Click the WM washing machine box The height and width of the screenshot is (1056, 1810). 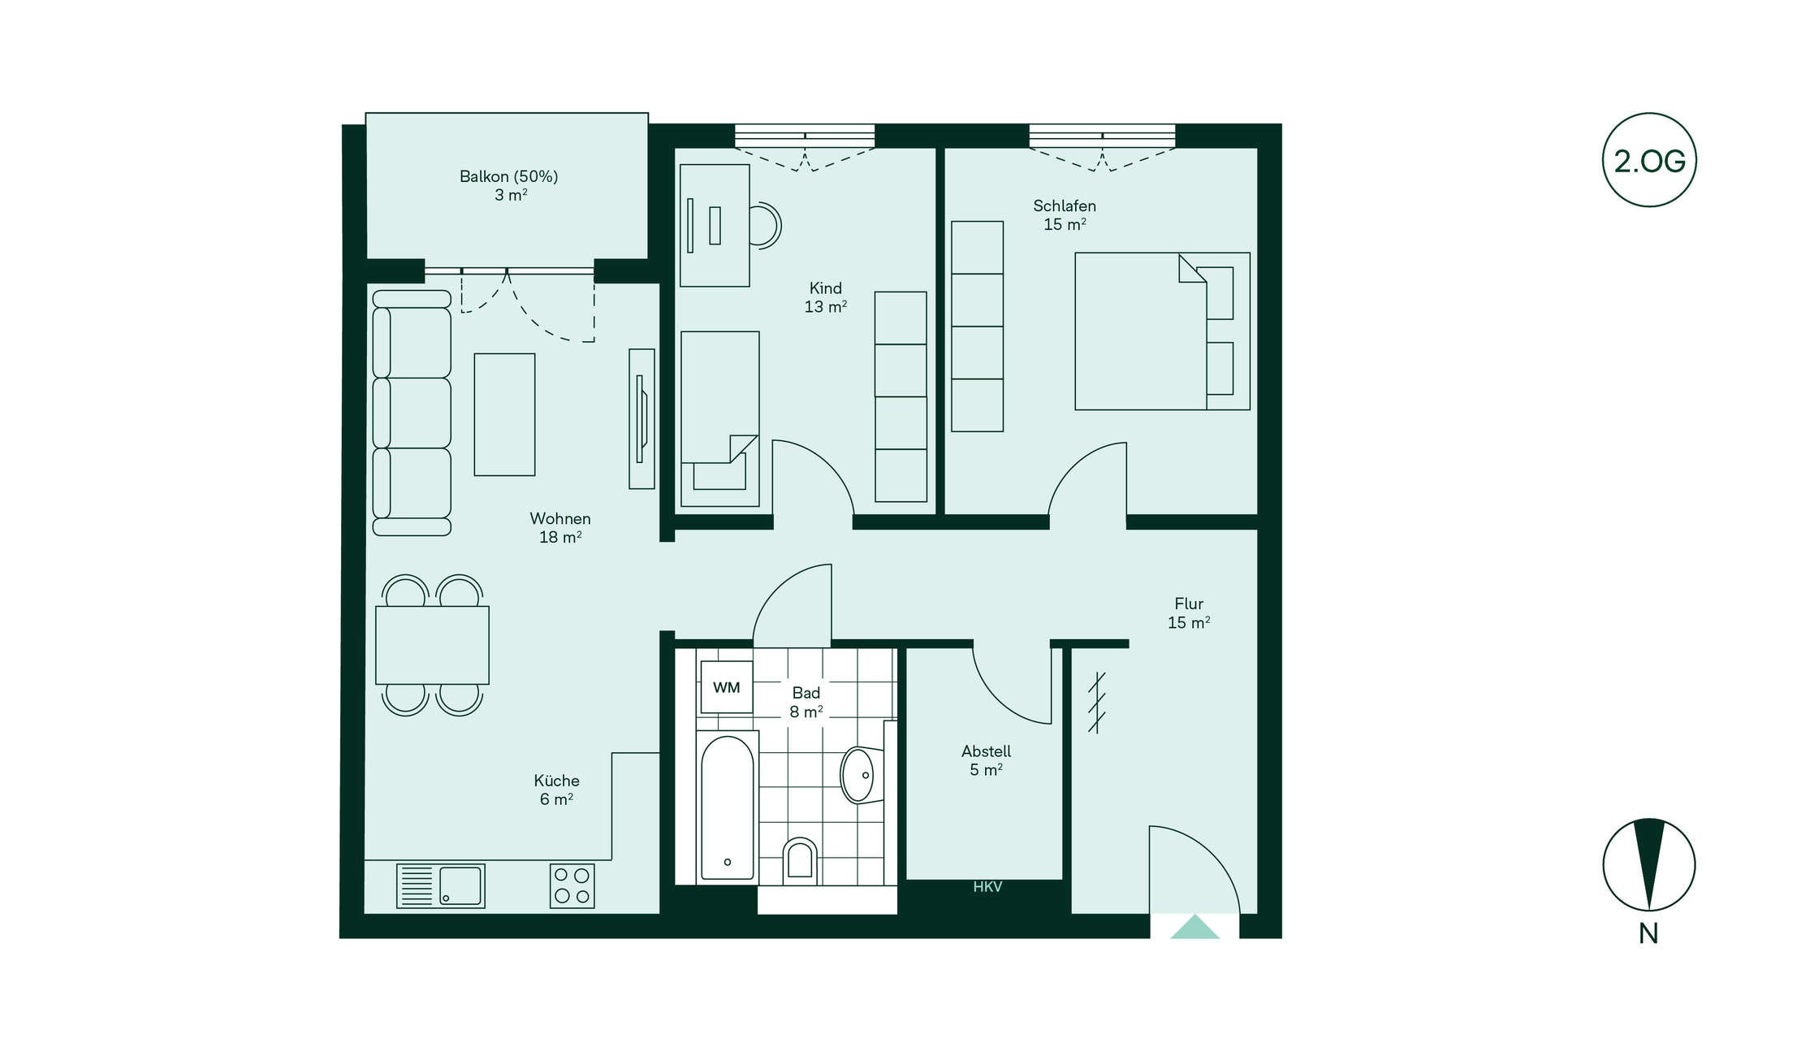pos(726,687)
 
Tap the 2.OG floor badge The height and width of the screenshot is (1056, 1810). pos(1649,160)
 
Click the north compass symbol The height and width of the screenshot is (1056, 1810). pos(1649,864)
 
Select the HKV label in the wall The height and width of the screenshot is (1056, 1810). pos(987,887)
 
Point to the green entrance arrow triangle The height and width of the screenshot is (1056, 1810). pos(1194,927)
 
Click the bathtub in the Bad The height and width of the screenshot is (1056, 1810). pos(727,807)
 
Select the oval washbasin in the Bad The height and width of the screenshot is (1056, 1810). pos(859,775)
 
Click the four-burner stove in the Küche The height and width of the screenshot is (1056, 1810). pos(572,886)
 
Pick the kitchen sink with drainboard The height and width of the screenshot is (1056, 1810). pos(440,885)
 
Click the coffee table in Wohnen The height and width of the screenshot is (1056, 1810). pos(504,414)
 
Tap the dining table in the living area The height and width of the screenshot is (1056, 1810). pos(432,645)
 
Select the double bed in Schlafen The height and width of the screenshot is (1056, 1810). pos(1162,331)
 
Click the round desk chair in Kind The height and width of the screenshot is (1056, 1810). pos(764,225)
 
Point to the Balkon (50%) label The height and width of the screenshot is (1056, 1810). pos(508,176)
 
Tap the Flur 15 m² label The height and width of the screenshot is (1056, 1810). pos(1189,613)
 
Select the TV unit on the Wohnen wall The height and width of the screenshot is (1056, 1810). pos(641,419)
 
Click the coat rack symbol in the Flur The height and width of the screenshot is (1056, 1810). pos(1096,703)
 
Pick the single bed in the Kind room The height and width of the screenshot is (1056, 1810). pos(720,418)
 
